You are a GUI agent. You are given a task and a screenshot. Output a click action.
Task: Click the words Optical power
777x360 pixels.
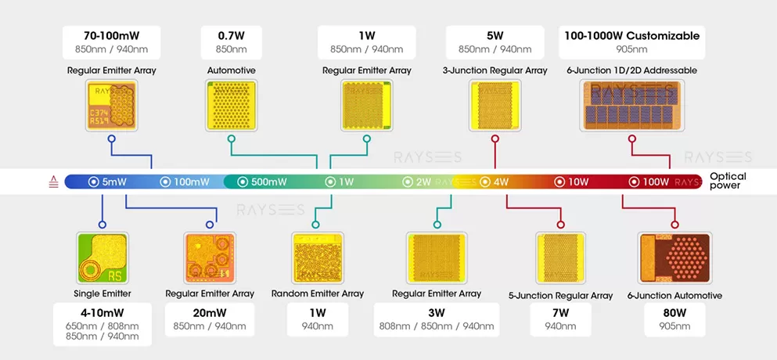click(728, 182)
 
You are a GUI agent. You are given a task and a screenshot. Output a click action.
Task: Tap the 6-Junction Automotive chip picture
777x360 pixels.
click(674, 258)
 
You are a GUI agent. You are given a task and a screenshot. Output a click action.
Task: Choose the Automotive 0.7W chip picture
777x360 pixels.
click(231, 106)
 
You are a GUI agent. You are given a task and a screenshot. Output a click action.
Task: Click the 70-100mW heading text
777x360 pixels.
click(111, 36)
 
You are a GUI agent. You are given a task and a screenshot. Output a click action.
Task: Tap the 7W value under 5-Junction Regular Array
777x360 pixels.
click(560, 313)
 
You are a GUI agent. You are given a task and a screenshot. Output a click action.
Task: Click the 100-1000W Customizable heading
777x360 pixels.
click(631, 36)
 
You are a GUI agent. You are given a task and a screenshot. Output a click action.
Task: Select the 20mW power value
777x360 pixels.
click(210, 313)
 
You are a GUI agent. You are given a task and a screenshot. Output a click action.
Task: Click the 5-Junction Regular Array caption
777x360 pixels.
click(560, 296)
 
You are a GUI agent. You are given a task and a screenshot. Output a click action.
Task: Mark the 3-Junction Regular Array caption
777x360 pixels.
click(495, 70)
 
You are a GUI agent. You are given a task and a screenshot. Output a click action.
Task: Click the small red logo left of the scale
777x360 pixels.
click(53, 182)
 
